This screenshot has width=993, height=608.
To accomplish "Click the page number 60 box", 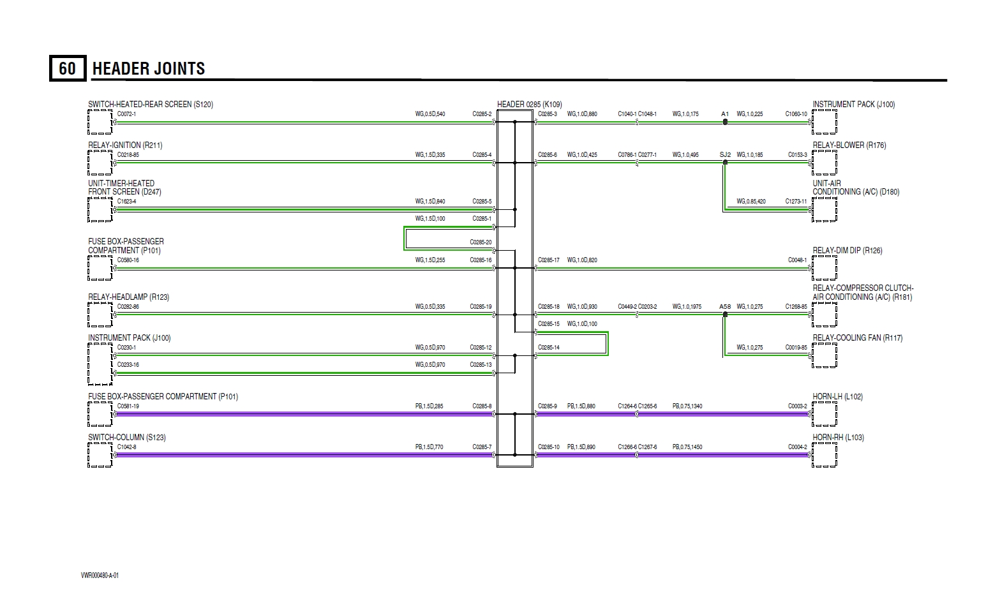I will point(67,68).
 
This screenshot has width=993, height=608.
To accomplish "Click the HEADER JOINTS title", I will point(149,69).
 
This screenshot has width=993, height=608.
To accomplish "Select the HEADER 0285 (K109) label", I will point(529,104).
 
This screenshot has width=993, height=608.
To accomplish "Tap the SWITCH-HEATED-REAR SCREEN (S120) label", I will point(151,104).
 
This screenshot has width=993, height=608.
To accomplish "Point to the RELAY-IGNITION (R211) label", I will point(125,145).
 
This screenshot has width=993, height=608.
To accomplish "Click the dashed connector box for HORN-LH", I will point(824,414).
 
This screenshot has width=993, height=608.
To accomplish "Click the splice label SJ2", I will point(725,154).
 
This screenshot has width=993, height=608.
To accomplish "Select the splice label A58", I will point(725,306).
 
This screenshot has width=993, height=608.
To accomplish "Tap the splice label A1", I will point(725,114).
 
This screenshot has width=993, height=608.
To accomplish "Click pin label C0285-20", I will point(481,242).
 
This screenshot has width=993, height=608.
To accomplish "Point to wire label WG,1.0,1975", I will point(687,306).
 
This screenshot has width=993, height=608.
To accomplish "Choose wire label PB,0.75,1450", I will point(687,447).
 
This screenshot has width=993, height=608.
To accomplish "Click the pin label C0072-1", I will point(126,114).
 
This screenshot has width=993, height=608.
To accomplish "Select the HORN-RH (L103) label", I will point(838,437).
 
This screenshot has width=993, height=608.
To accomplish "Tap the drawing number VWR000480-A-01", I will point(100,575).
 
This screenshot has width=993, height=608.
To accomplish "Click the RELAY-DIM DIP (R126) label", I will point(847,250).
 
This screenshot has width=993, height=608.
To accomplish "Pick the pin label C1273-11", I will point(796,201).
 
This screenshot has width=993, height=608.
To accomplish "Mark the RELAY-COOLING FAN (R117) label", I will point(857,337).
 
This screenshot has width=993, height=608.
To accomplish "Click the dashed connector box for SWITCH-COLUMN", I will point(100,455).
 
